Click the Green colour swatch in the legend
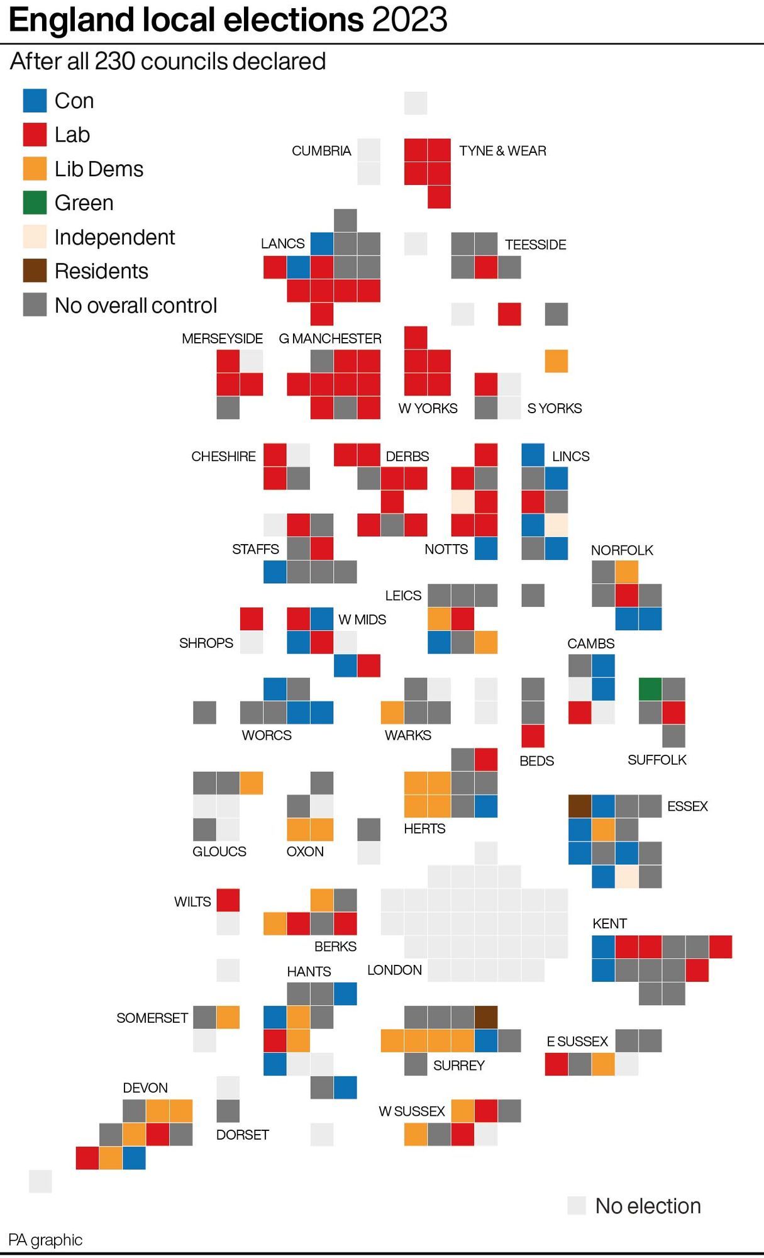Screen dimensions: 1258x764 (x=35, y=203)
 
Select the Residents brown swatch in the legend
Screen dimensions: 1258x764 (x=35, y=270)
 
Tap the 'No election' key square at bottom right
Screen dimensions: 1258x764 (x=577, y=1206)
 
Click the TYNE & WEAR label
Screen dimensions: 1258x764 (x=502, y=151)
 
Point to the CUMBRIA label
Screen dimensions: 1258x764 (x=321, y=151)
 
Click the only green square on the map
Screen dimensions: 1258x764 (x=650, y=689)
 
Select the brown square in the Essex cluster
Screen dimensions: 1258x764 (x=580, y=806)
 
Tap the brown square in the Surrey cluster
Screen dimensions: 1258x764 (x=486, y=1017)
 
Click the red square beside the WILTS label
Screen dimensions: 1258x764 (x=228, y=900)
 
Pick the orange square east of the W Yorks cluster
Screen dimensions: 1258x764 (x=556, y=361)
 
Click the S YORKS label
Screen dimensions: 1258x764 (x=555, y=408)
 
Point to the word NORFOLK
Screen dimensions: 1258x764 (x=622, y=550)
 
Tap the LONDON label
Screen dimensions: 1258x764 (x=394, y=970)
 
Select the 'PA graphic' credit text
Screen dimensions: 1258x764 (x=45, y=1240)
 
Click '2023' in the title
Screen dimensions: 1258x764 (x=409, y=20)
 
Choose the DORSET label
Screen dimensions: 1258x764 (x=243, y=1135)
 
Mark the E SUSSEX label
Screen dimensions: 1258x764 (x=577, y=1042)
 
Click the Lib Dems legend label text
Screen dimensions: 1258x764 (x=99, y=169)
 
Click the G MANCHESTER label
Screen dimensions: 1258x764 (x=330, y=338)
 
